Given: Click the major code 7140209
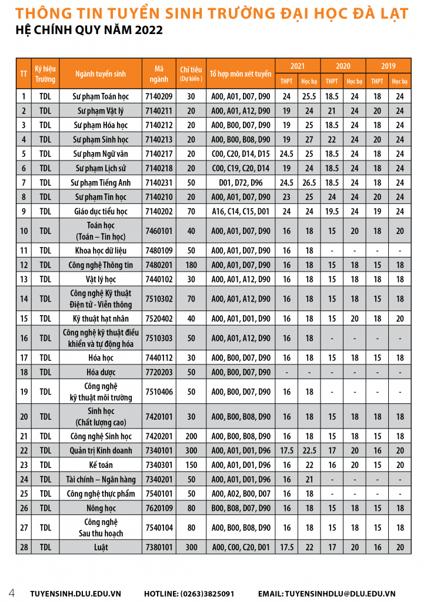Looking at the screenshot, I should (x=159, y=96).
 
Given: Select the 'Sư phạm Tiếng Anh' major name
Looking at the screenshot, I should (x=102, y=182).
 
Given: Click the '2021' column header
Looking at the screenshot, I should (x=298, y=66).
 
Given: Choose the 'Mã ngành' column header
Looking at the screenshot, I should (x=159, y=73).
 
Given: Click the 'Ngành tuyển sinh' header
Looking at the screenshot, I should (x=101, y=73).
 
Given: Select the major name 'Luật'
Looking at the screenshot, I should (x=102, y=547).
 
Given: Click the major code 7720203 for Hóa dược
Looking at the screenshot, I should (x=159, y=372).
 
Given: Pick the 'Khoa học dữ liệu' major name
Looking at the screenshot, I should (x=102, y=250).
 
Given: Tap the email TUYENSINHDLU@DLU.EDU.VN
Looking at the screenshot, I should (x=335, y=594).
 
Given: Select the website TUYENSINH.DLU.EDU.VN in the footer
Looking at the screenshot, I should (x=75, y=594).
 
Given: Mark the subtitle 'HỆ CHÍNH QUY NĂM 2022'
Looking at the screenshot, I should (x=89, y=30).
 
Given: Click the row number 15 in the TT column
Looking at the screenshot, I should (x=24, y=319).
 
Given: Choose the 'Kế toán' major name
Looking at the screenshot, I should (x=102, y=465).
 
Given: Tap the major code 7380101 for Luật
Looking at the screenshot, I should (x=159, y=547).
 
